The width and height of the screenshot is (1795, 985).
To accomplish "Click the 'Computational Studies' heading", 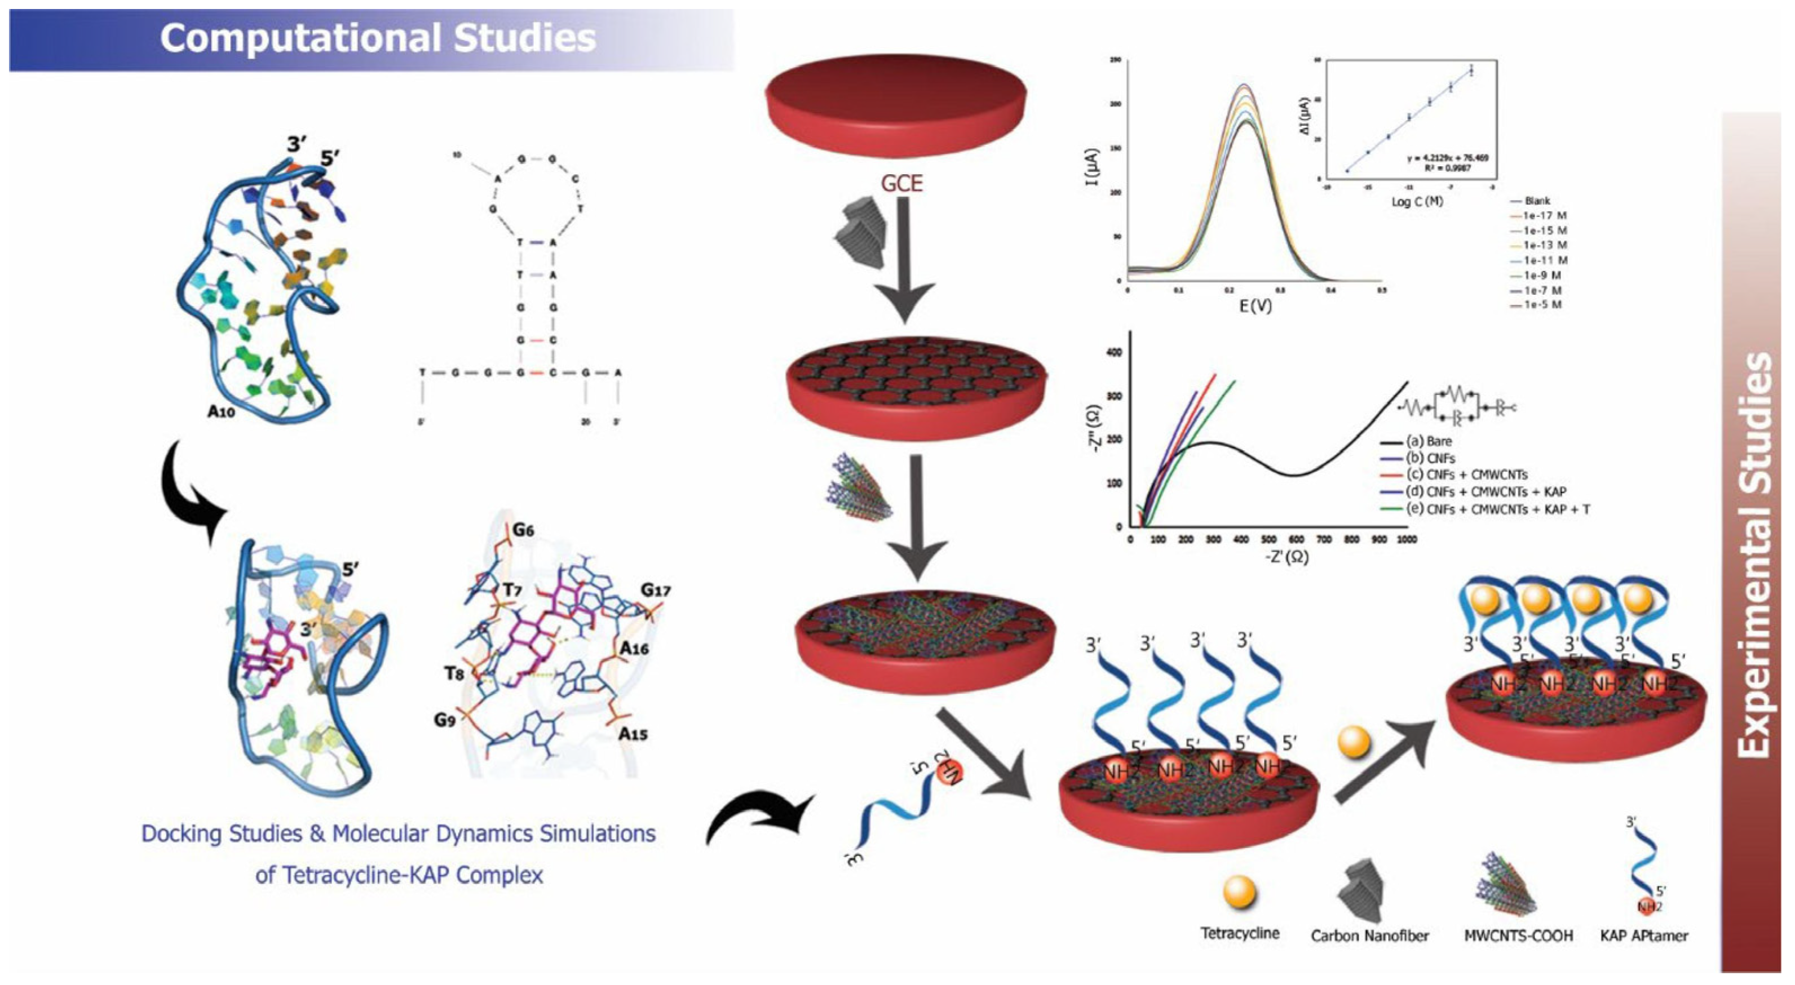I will coord(378,38).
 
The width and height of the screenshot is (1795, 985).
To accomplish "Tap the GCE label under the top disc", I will coord(901,183).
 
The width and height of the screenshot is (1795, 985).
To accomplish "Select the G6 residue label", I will coord(523,530).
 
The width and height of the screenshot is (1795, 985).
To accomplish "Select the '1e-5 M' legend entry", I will coord(1541,305).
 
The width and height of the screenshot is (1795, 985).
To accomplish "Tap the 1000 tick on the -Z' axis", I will coord(1406,539).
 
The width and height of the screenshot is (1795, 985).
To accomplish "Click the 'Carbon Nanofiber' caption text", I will coord(1369,935).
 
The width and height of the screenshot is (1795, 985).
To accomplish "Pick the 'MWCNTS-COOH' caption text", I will coord(1518,935).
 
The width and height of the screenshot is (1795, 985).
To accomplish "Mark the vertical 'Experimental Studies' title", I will coord(1754,554).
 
